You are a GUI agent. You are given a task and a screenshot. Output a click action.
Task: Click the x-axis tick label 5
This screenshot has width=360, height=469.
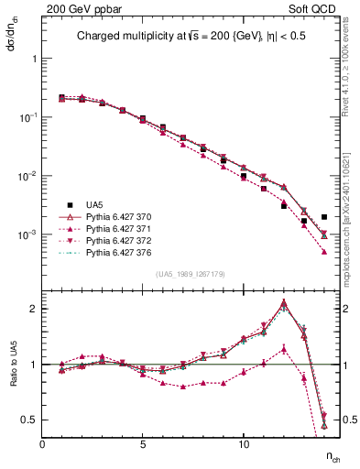coord(143,443)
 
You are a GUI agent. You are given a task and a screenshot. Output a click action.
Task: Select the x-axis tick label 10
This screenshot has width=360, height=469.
coord(243,443)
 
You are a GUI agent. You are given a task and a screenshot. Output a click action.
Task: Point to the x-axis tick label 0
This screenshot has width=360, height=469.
coord(42,443)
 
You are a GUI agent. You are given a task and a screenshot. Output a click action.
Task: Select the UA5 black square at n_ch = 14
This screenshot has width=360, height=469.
coord(324,217)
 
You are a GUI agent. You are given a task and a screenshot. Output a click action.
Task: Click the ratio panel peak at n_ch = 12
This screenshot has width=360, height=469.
coord(284,302)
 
